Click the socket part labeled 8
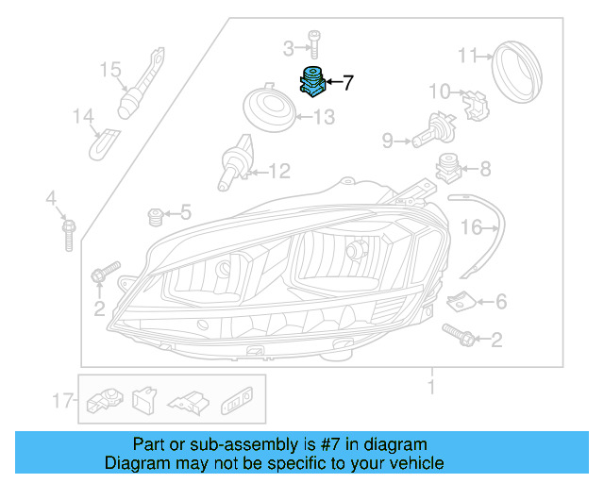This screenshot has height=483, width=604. (x=449, y=171)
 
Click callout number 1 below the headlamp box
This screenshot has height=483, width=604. (x=431, y=387)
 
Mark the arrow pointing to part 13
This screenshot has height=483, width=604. (x=299, y=118)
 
